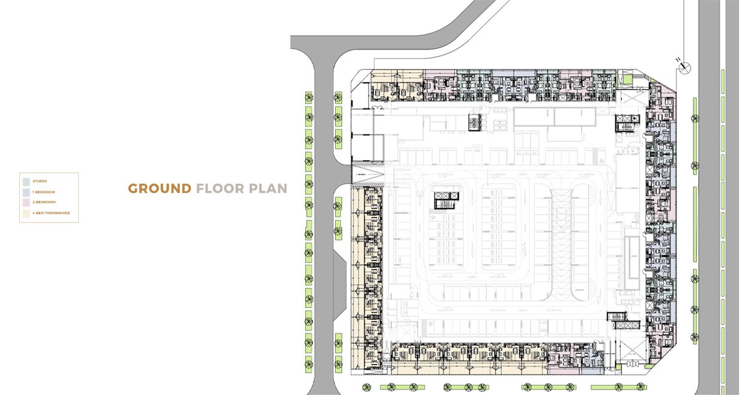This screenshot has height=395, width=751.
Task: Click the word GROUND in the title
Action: [x=160, y=188]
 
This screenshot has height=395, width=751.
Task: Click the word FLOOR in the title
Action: [x=220, y=188]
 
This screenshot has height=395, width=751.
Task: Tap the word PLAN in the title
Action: [x=268, y=188]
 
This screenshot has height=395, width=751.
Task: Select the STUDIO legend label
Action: [x=39, y=181]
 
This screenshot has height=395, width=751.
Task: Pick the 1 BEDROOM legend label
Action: [x=44, y=192]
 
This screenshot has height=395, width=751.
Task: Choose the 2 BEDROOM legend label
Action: [x=44, y=202]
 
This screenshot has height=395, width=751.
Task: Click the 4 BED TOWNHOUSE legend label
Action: [x=51, y=213]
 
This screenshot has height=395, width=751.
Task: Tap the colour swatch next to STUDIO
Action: [x=26, y=182]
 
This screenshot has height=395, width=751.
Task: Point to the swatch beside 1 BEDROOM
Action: [x=26, y=192]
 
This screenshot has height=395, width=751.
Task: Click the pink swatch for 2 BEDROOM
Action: [x=26, y=203]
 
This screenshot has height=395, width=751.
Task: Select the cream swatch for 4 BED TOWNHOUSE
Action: [x=26, y=213]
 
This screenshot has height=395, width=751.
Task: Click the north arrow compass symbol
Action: [x=684, y=68]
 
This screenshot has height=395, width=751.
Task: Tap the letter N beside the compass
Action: [x=678, y=60]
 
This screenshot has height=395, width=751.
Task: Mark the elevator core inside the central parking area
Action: [x=446, y=200]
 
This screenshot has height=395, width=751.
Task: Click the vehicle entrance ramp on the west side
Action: [x=368, y=174]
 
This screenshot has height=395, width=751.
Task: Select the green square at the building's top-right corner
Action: [x=627, y=79]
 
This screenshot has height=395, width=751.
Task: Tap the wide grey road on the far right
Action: [x=709, y=197]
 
